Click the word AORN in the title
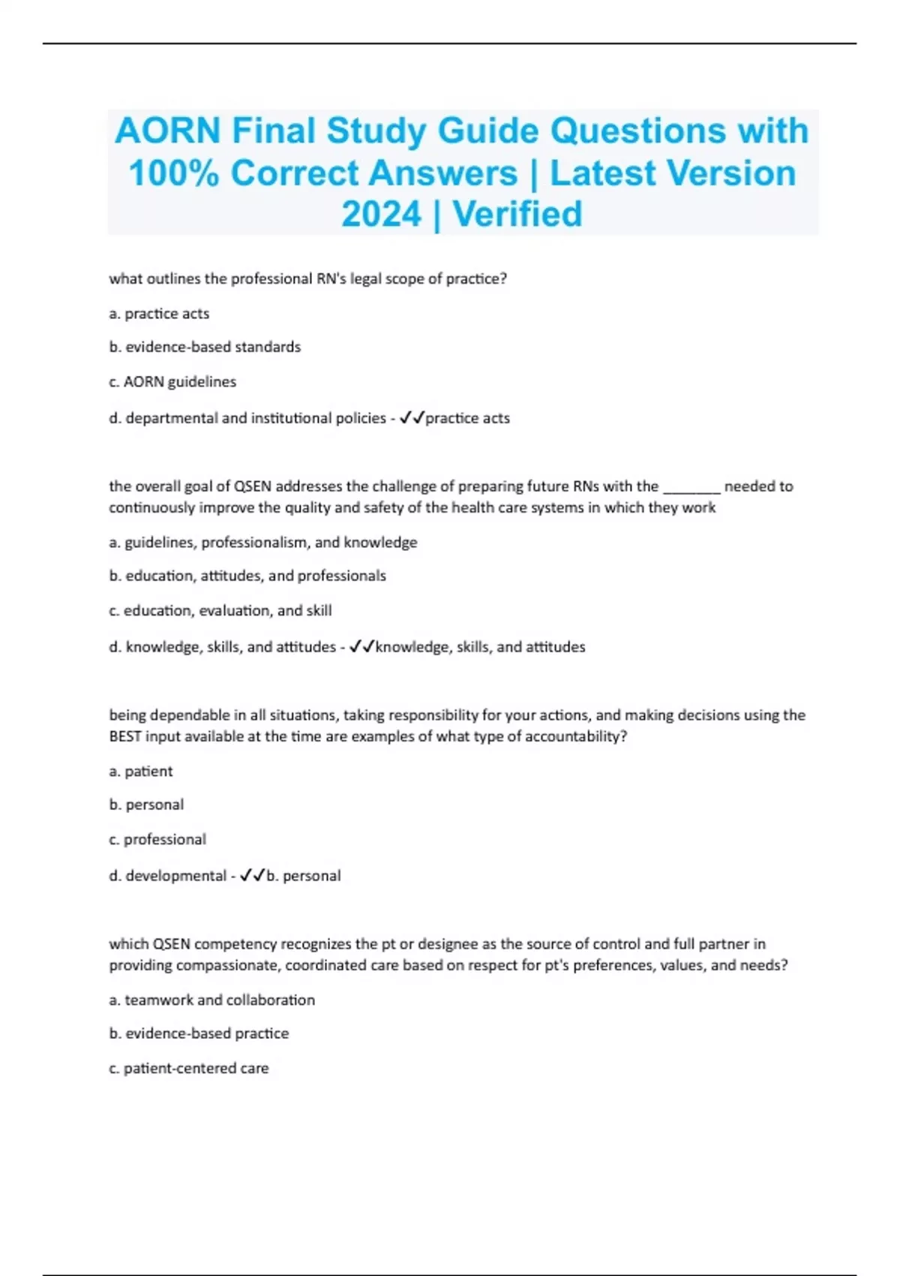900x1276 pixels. click(x=167, y=131)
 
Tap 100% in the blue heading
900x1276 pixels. click(x=173, y=173)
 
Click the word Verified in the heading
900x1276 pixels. click(x=517, y=215)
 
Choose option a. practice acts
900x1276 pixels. click(x=159, y=314)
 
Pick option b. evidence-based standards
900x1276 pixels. click(x=205, y=347)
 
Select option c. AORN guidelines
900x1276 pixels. click(x=172, y=382)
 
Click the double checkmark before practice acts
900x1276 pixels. click(x=412, y=418)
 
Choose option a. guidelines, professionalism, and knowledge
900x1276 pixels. click(x=263, y=542)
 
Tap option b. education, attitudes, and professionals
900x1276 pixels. click(x=247, y=576)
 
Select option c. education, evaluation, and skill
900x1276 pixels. click(x=220, y=611)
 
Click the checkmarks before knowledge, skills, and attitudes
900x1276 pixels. click(x=362, y=647)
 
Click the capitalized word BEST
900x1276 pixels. click(x=125, y=736)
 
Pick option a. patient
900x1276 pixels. click(x=141, y=771)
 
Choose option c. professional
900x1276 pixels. click(x=157, y=839)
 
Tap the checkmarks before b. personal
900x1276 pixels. click(x=253, y=875)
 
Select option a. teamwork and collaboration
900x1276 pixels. click(x=212, y=1000)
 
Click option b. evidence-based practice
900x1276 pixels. click(x=199, y=1034)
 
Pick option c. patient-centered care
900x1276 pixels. click(x=189, y=1068)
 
